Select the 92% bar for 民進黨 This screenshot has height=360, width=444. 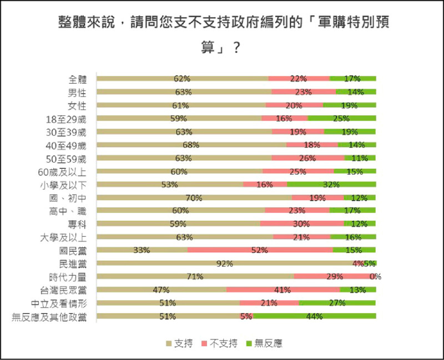pos(224,263)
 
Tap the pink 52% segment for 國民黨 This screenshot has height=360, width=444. pos(260,250)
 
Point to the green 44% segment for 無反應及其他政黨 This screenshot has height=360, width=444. pos(315,317)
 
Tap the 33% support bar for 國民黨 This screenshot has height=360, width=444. pos(142,250)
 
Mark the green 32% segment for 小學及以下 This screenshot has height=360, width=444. pos(331,185)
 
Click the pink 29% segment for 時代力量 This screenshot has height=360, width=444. pos(334,276)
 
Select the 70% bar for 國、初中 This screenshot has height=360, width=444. pos(194,197)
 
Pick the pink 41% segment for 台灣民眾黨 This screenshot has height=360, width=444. pos(283,290)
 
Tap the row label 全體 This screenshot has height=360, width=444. pos(78,79)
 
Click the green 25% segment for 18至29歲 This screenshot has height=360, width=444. pos(342,118)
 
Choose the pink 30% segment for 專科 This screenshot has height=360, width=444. pos(302,224)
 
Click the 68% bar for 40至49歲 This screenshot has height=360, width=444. pos(191,145)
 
